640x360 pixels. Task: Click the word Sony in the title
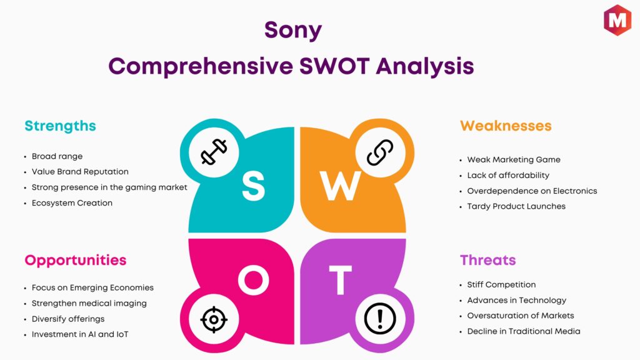coord(293,30)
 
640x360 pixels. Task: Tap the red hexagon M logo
coord(617,20)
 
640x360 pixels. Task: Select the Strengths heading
coord(60,126)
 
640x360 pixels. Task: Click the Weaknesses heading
coord(506,126)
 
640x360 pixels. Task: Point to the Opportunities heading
coord(76,261)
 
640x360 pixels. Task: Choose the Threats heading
coord(487,260)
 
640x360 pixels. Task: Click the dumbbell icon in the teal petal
coord(214,152)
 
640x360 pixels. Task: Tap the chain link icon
coord(380,152)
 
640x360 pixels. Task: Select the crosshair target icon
coord(214,319)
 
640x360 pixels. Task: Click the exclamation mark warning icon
coord(380,319)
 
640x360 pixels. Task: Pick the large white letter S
coord(254,186)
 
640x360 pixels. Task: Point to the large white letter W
coord(341,186)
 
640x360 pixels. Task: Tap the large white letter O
coord(254,280)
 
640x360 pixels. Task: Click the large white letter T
coord(341,280)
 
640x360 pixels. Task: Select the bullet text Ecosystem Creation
coord(72,203)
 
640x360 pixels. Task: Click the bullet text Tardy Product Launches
coord(516,206)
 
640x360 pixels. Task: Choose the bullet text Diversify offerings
coord(68,319)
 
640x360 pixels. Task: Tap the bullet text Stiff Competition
coord(501,284)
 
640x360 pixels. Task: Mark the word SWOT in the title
coord(335,66)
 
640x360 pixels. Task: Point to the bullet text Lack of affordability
coord(508,175)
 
